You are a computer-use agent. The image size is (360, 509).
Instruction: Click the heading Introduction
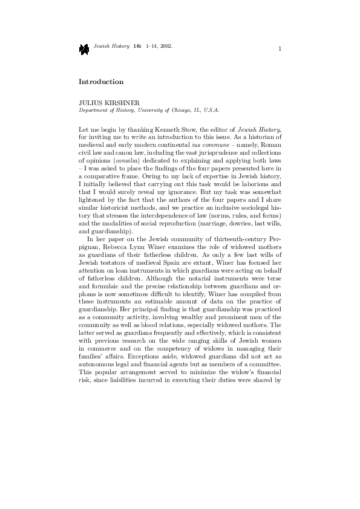point(101,81)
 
